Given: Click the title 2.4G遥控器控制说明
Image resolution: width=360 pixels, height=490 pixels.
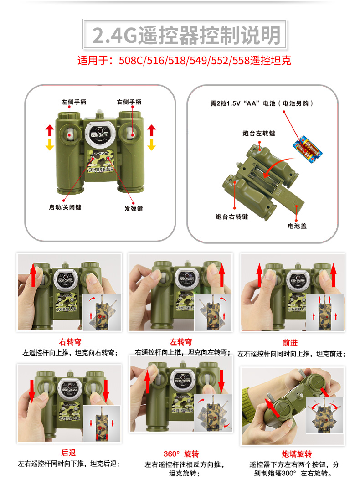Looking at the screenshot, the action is pyautogui.click(x=186, y=35).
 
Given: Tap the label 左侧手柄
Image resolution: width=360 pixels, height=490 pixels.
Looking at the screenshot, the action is pyautogui.click(x=74, y=102).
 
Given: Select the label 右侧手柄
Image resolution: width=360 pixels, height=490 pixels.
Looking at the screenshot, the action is pyautogui.click(x=129, y=102).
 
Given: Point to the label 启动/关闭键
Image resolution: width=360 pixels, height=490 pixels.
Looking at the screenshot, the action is pyautogui.click(x=65, y=207).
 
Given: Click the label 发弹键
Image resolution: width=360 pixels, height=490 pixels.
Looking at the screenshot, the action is pyautogui.click(x=134, y=208).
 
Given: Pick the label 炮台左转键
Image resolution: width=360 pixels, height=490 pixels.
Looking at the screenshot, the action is pyautogui.click(x=259, y=134).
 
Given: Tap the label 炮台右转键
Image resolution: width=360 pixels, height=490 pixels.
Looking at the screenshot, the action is pyautogui.click(x=231, y=217).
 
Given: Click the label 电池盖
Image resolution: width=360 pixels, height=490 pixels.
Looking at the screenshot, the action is pyautogui.click(x=297, y=226).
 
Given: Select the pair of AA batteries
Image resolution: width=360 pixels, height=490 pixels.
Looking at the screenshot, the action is pyautogui.click(x=308, y=150).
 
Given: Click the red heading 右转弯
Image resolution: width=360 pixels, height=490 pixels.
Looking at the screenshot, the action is pyautogui.click(x=70, y=341).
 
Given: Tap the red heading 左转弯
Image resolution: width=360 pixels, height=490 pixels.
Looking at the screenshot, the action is pyautogui.click(x=181, y=341).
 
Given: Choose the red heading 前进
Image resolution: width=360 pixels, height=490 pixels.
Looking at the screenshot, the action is pyautogui.click(x=290, y=343).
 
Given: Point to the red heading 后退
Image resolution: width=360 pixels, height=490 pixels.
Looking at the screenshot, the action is pyautogui.click(x=68, y=453).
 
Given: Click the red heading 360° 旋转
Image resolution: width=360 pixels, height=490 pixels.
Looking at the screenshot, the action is pyautogui.click(x=181, y=454).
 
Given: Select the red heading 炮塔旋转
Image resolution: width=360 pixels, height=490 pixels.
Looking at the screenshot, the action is pyautogui.click(x=297, y=454).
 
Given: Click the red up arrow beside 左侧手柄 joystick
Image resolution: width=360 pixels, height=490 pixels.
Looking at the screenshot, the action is pyautogui.click(x=50, y=130).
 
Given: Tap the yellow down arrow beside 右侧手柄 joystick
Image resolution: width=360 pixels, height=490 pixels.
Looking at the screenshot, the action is pyautogui.click(x=152, y=144).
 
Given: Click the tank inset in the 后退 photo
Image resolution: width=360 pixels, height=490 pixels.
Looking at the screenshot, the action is pyautogui.click(x=102, y=423).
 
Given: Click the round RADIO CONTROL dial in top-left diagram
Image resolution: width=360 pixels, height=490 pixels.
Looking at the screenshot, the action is pyautogui.click(x=100, y=134).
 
